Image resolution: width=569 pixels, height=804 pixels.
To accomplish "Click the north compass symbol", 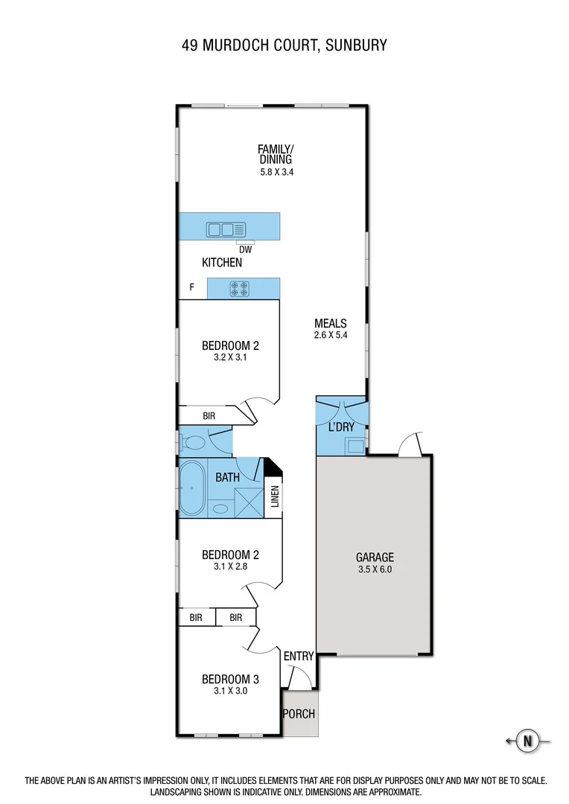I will [528, 741].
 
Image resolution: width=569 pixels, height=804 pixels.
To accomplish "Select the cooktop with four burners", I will [240, 289].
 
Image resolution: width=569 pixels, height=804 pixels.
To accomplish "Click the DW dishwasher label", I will [245, 249].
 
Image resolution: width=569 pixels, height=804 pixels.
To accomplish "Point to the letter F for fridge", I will [192, 286].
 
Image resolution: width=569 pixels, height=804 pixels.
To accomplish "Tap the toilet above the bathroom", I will [194, 444].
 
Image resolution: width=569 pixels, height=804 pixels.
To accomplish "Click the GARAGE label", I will [374, 557].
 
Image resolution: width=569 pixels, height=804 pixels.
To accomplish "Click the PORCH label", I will [299, 714].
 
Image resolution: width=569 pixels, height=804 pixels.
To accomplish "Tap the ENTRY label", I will [299, 656].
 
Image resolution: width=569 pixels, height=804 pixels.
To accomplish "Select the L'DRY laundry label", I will [341, 428].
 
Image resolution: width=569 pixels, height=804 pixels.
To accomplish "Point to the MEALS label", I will [331, 323].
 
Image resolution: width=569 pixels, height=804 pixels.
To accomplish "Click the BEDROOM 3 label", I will [230, 679].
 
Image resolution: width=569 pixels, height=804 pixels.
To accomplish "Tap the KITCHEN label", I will [222, 263].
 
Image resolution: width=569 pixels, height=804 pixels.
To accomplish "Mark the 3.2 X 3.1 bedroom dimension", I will [230, 357].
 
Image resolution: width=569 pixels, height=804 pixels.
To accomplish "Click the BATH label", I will [227, 477].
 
